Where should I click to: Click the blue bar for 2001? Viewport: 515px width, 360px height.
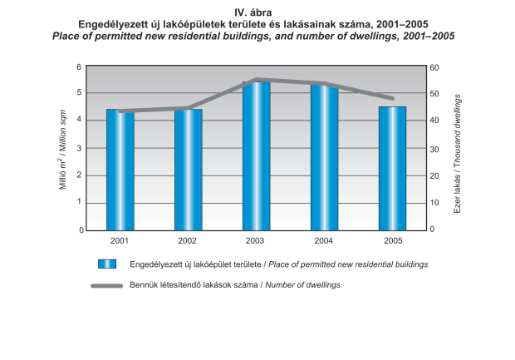120,170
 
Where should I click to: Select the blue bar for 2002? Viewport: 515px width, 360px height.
189,170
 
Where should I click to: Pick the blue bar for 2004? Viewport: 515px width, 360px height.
325,157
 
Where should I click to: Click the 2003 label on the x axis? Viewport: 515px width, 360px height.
257,241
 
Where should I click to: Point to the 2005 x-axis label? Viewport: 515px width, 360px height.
393,241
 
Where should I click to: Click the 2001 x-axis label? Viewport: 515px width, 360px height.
120,241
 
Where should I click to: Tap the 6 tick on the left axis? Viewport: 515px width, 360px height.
79,67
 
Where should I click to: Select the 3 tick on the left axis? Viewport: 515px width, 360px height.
79,148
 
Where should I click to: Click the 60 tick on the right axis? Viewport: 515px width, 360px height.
434,67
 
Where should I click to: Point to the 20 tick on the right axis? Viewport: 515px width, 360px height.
434,175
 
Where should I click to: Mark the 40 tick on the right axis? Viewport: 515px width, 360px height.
434,121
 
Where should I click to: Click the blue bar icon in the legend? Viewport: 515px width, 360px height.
105,264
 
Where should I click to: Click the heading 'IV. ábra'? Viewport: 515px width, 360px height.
257,13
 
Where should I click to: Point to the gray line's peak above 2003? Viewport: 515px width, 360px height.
257,80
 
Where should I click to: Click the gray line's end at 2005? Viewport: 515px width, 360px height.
392,98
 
